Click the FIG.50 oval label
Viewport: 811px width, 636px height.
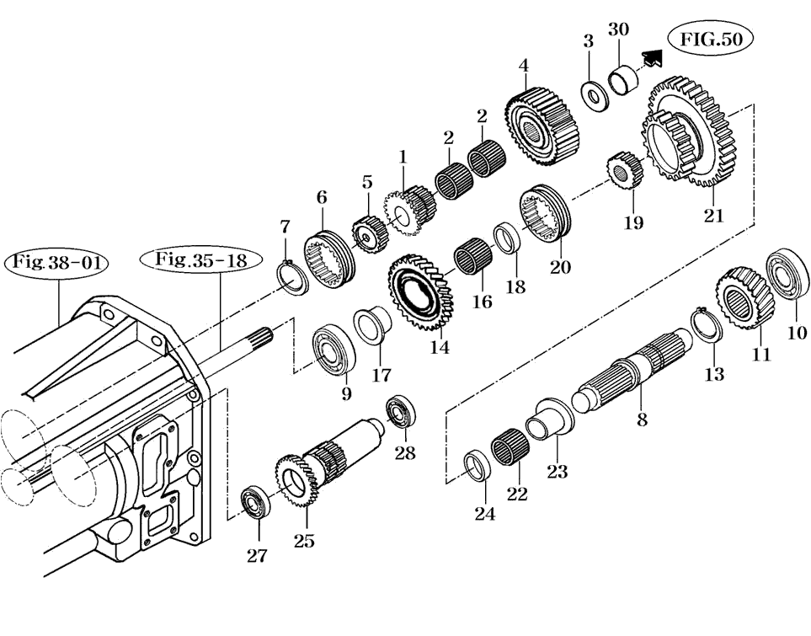click(710, 40)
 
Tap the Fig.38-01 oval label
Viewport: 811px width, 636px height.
click(57, 262)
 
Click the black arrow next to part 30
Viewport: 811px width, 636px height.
click(651, 57)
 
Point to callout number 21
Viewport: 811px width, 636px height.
click(714, 214)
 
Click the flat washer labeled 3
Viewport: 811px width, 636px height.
click(595, 94)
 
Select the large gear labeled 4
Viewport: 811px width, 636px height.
click(542, 127)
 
